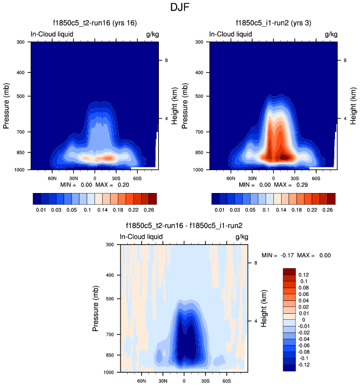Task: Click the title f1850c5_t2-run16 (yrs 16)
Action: pyautogui.click(x=95, y=22)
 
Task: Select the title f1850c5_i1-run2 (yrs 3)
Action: pyautogui.click(x=273, y=22)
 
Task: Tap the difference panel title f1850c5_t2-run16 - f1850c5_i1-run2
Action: pyautogui.click(x=184, y=226)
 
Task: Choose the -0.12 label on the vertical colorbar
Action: pyautogui.click(x=304, y=364)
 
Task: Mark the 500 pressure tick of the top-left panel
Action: pyautogui.click(x=19, y=96)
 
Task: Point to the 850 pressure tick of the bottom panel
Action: pyautogui.click(x=109, y=354)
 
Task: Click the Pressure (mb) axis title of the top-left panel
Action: pyautogui.click(x=7, y=105)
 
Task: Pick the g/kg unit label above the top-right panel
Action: pyautogui.click(x=331, y=34)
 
